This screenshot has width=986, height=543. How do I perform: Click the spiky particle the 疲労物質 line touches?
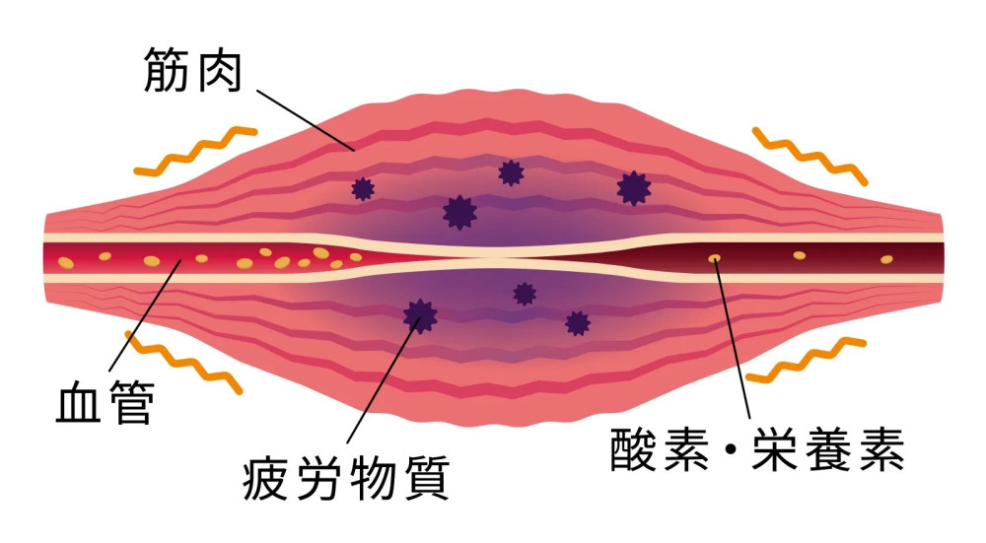tap(420, 314)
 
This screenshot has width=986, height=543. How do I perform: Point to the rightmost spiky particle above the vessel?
tap(632, 186)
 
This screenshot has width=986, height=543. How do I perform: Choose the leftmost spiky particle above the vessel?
tap(363, 188)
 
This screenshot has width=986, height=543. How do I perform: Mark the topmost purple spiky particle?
tap(510, 173)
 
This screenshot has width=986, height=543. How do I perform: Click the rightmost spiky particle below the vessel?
tap(577, 322)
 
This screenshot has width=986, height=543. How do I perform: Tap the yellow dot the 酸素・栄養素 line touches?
tap(714, 258)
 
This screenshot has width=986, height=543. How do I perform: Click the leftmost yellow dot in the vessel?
tap(66, 262)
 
